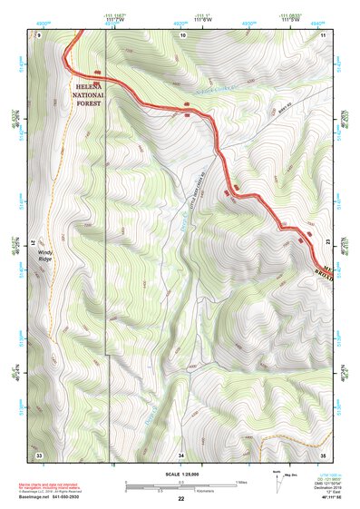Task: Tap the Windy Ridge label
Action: (x=45, y=257)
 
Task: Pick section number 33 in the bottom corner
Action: (x=38, y=454)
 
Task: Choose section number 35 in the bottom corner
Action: (x=322, y=454)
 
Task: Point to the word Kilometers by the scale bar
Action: (x=181, y=490)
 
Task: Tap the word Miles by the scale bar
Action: (x=241, y=482)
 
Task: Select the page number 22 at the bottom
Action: (x=181, y=499)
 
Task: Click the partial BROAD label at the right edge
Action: (x=324, y=271)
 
